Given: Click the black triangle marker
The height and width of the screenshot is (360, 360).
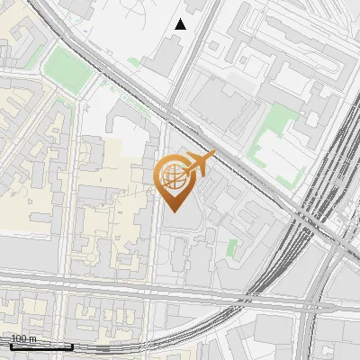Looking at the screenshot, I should click(181, 23).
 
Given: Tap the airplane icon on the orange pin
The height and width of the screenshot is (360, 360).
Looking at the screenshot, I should click(199, 164).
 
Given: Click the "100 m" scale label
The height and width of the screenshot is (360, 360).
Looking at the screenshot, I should click(22, 338).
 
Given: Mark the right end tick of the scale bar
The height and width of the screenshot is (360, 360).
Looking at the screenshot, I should click(73, 345).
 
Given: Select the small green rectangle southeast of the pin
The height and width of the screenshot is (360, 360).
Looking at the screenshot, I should click(232, 247).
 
